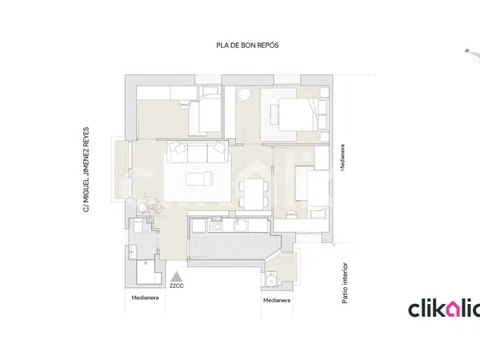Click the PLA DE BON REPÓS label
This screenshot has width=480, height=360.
tap(247, 46)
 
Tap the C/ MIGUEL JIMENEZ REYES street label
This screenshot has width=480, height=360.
tap(86, 170)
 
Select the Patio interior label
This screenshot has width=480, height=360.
tap(345, 283)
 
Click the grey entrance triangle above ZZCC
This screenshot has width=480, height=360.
tap(176, 277)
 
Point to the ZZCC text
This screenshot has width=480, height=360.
tap(177, 286)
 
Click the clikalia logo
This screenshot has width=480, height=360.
tap(444, 309)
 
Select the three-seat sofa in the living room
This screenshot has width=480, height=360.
tap(198, 152)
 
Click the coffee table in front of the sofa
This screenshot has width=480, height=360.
tap(199, 178)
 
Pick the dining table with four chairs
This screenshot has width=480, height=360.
tap(254, 194)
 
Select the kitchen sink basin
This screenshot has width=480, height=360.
tap(242, 226)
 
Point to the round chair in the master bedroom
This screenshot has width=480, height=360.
tap(244, 94)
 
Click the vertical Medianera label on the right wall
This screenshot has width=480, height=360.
tap(342, 158)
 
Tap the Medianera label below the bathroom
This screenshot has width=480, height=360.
tap(145, 298)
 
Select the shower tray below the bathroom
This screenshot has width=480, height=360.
tap(149, 272)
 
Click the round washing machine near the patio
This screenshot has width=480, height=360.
tap(271, 281)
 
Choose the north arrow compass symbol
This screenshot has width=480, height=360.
tap(473, 55)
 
